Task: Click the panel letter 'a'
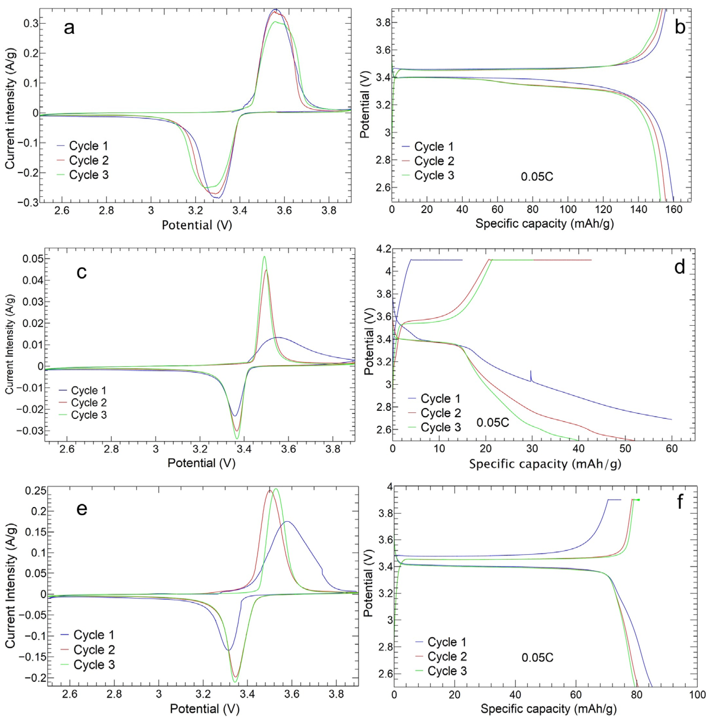(x=69, y=28)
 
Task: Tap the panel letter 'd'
(x=679, y=267)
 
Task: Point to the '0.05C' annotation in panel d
(x=492, y=423)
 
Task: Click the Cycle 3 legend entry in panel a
(x=89, y=175)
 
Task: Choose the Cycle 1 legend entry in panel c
(x=88, y=390)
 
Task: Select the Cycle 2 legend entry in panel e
(x=94, y=649)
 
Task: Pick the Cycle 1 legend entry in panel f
(x=447, y=642)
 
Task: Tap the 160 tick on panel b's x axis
(x=673, y=209)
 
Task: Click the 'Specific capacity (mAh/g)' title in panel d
(x=545, y=464)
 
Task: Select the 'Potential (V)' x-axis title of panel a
(x=197, y=225)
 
